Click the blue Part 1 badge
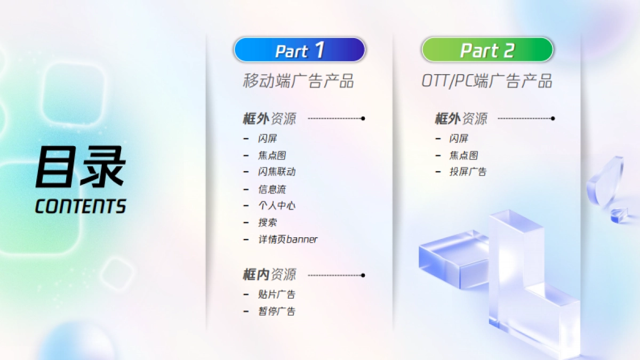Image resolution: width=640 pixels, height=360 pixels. (x=299, y=50)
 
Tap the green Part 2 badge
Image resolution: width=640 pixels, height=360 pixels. (x=487, y=50)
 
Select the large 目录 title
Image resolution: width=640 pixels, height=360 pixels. (x=81, y=167)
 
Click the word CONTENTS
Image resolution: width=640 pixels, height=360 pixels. (x=81, y=206)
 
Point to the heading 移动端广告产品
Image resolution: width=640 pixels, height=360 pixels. (x=298, y=81)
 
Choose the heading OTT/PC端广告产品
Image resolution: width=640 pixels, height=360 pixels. (x=486, y=81)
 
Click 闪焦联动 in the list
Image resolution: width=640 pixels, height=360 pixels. (x=277, y=172)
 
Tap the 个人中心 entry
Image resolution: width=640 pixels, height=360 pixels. (x=277, y=205)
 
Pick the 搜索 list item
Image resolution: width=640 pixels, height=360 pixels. (x=268, y=222)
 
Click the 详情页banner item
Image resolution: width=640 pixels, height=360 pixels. (x=287, y=239)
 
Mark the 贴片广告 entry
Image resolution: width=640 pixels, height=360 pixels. (x=277, y=294)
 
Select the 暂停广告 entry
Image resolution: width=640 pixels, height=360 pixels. (x=277, y=311)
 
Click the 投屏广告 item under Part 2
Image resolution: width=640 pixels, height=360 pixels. (x=468, y=172)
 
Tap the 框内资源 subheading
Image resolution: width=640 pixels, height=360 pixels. (x=269, y=275)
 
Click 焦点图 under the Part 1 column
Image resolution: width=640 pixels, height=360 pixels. (x=272, y=155)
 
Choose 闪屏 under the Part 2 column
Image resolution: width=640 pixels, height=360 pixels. (x=459, y=139)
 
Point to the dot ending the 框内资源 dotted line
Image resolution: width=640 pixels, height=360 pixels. (x=363, y=275)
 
